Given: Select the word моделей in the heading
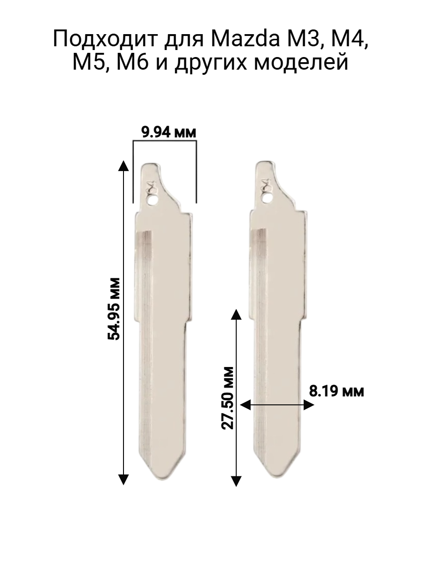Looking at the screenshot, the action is click(x=301, y=63).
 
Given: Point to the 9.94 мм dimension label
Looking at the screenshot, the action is click(x=169, y=132).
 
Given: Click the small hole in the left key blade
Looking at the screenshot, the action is click(x=152, y=200).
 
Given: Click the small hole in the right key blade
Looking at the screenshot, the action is click(x=267, y=198).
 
